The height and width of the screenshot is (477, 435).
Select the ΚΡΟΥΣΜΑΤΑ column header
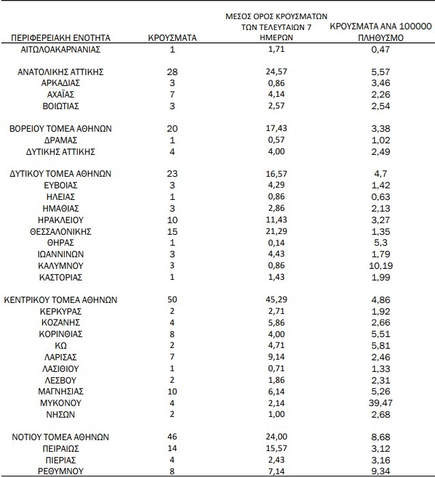172,38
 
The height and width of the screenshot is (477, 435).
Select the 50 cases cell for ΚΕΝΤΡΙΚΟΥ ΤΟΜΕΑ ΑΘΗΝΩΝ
172,300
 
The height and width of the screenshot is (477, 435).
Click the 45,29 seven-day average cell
276,300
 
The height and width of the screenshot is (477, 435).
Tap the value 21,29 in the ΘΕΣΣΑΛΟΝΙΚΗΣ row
276,231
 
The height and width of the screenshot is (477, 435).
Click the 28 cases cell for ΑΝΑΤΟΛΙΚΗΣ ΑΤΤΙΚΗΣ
172,72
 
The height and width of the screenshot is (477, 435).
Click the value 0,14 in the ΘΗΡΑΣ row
276,242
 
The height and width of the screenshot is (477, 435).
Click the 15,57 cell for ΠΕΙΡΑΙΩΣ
276,448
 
